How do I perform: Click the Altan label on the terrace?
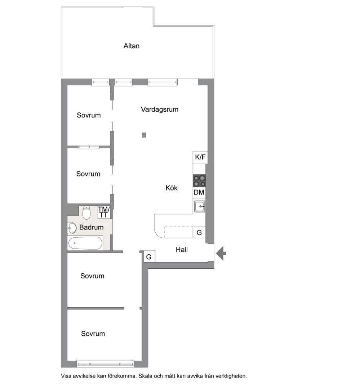tap(131, 46)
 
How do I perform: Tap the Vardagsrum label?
tap(160, 109)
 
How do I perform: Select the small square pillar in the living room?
tap(144, 135)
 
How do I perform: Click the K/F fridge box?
tap(200, 157)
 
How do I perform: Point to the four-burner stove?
tap(199, 181)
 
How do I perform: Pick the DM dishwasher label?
tap(199, 192)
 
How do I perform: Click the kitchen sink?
tap(199, 206)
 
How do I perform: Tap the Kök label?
tap(172, 188)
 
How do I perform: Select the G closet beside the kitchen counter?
tap(199, 233)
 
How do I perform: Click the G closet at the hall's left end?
tap(149, 257)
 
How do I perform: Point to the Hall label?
tap(182, 250)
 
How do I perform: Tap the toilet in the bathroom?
tap(86, 213)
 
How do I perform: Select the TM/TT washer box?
tap(103, 212)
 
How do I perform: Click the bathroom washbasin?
tap(72, 228)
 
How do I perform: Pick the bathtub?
tap(85, 243)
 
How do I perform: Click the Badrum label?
tap(92, 227)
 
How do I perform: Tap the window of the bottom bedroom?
tap(105, 364)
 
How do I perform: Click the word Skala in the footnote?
tap(145, 376)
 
